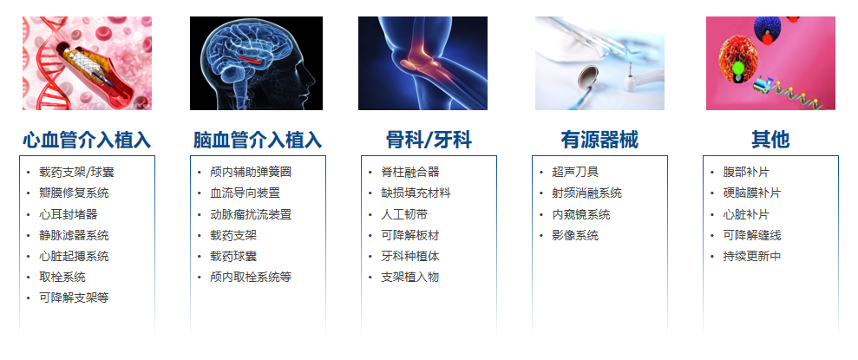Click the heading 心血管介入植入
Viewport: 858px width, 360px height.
pyautogui.click(x=87, y=140)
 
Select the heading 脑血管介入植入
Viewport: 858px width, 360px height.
pyautogui.click(x=258, y=140)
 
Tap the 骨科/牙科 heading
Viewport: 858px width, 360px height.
pyautogui.click(x=429, y=140)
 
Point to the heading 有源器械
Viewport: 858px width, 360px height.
pyautogui.click(x=599, y=140)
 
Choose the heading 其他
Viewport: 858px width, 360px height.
pyautogui.click(x=770, y=140)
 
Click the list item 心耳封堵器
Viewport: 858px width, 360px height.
pyautogui.click(x=69, y=214)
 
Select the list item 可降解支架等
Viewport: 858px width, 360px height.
pyautogui.click(x=74, y=298)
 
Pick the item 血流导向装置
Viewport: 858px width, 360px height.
pyautogui.click(x=246, y=193)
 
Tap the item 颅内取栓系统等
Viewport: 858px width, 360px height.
pyautogui.click(x=251, y=278)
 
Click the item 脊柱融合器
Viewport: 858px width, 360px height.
pyautogui.click(x=410, y=173)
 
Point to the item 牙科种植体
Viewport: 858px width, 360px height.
pyautogui.click(x=410, y=257)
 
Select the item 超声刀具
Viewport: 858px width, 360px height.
pyautogui.click(x=575, y=173)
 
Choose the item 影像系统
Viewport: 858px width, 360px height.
pyautogui.click(x=575, y=236)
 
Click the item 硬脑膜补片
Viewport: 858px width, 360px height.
pyautogui.click(x=752, y=193)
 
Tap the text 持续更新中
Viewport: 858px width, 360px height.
pyautogui.click(x=752, y=257)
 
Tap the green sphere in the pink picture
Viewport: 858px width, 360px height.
pyautogui.click(x=738, y=68)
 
